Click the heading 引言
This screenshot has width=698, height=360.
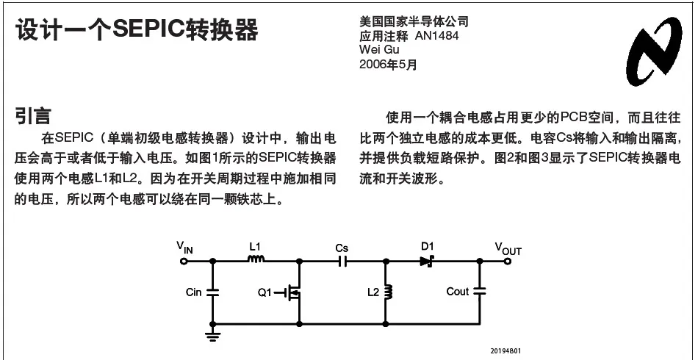(x=33, y=115)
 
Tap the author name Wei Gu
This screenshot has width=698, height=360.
(x=379, y=49)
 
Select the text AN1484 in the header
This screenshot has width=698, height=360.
(x=436, y=35)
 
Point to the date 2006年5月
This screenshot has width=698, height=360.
(x=388, y=64)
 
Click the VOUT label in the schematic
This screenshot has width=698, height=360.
(x=508, y=248)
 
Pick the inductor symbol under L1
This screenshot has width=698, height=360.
(x=256, y=259)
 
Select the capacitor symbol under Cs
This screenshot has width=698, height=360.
(x=342, y=262)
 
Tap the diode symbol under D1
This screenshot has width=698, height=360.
(x=426, y=262)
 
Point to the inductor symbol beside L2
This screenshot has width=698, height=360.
(x=387, y=292)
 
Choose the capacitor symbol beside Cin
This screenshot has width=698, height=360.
(x=213, y=292)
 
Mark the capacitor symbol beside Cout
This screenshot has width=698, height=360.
(x=480, y=292)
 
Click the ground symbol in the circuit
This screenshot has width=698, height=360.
(x=213, y=335)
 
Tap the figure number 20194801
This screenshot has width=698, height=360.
(x=505, y=350)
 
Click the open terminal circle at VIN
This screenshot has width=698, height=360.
(x=184, y=262)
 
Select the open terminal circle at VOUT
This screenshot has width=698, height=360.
(x=508, y=262)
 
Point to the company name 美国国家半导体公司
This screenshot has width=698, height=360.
(x=414, y=22)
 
